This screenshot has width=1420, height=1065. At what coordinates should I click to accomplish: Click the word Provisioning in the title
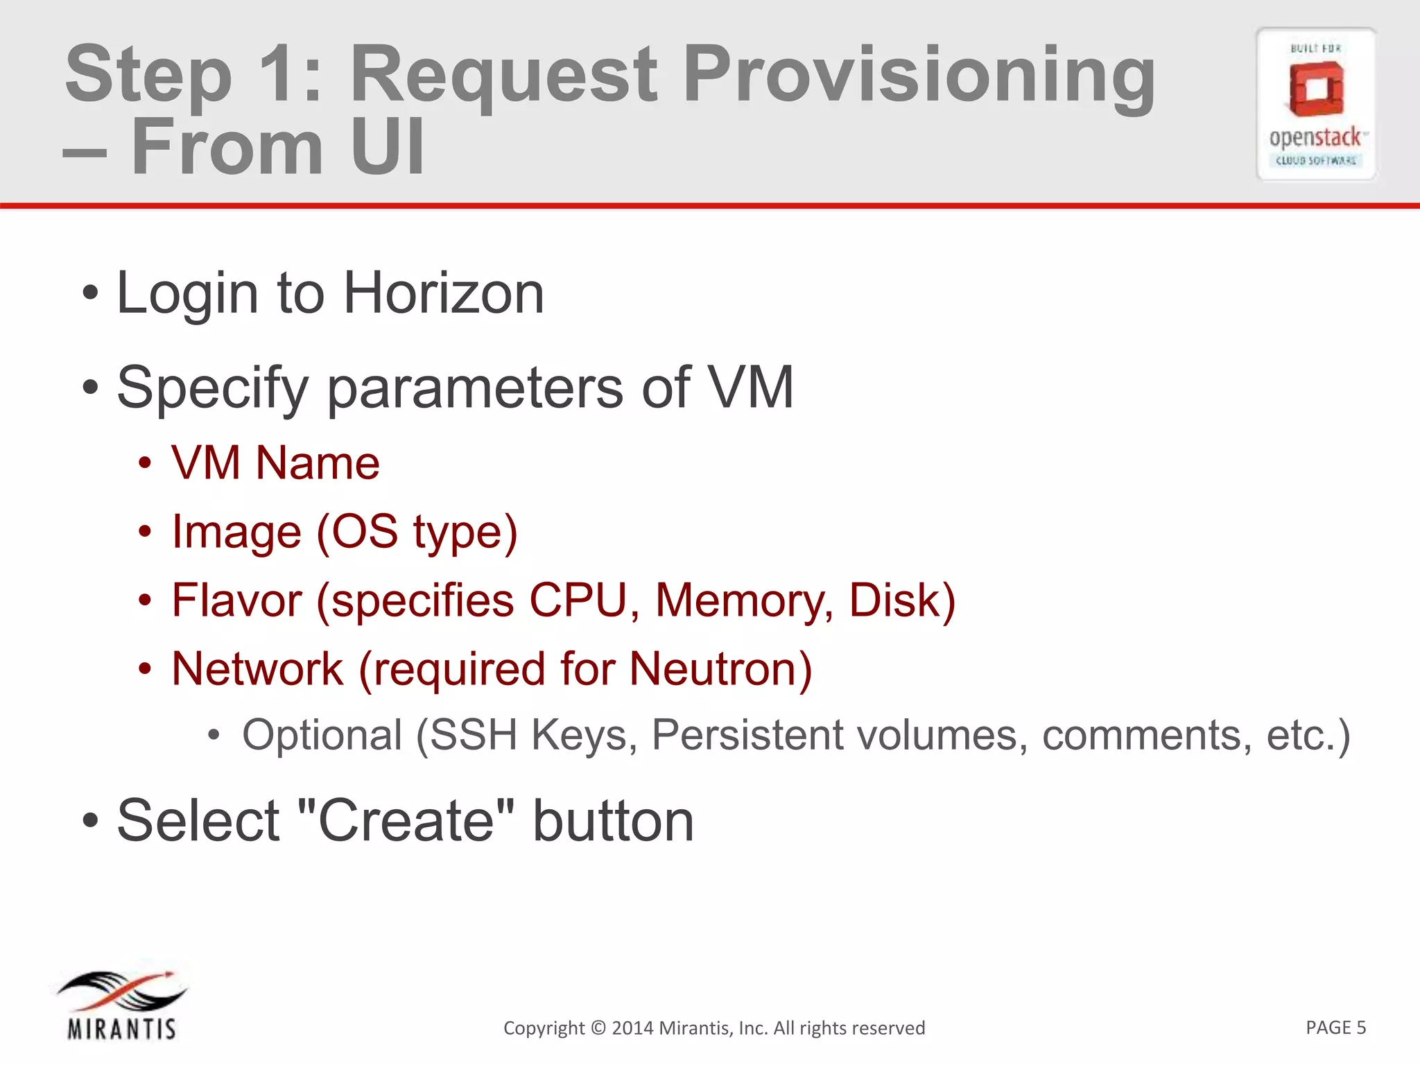[x=919, y=75]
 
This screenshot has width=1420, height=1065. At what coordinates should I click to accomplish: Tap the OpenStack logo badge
[x=1315, y=104]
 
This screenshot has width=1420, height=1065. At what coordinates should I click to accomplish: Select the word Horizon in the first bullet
[x=444, y=293]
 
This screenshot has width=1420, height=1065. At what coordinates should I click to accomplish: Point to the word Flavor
[x=236, y=600]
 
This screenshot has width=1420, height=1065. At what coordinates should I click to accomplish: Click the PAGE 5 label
[x=1335, y=1027]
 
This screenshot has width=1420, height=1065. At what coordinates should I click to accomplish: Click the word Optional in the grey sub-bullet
[x=322, y=735]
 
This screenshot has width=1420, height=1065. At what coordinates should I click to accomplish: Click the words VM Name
[x=275, y=462]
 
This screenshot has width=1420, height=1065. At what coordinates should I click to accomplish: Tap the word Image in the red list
[x=236, y=532]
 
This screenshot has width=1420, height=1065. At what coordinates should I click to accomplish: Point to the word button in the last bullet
[x=613, y=820]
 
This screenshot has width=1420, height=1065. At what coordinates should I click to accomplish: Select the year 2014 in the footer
[x=632, y=1028]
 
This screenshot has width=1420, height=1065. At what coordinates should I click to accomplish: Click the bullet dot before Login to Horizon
[x=90, y=293]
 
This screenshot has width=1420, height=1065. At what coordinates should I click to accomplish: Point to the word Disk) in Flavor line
[x=902, y=600]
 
